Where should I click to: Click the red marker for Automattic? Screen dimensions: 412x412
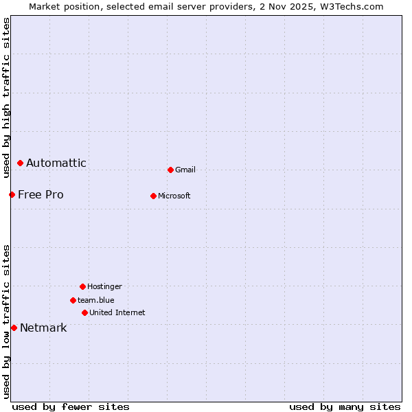click(x=21, y=163)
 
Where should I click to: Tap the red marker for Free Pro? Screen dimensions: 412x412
click(x=12, y=195)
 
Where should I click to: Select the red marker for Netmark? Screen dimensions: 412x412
click(x=14, y=328)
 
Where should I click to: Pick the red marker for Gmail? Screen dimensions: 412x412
click(x=171, y=170)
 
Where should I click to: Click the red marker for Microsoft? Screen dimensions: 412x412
click(x=154, y=196)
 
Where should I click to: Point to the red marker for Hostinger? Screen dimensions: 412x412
click(x=83, y=287)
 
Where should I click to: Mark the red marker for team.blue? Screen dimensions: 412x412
click(x=73, y=301)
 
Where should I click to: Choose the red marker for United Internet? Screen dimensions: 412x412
click(x=85, y=313)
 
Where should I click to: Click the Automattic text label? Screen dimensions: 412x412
click(x=56, y=163)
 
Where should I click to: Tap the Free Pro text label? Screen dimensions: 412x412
click(x=41, y=195)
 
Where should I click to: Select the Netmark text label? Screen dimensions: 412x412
click(x=43, y=328)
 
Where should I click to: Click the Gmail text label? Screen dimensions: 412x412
click(x=185, y=170)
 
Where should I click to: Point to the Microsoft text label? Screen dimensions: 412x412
click(x=174, y=196)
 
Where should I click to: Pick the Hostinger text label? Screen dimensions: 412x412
click(x=104, y=287)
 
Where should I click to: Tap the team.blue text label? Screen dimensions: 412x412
click(x=96, y=301)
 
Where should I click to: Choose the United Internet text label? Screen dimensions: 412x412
click(x=117, y=313)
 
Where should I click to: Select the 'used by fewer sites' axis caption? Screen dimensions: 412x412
click(x=71, y=407)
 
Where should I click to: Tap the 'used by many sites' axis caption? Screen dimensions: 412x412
click(x=345, y=407)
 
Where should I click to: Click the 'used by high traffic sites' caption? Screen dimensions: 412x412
click(x=7, y=98)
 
